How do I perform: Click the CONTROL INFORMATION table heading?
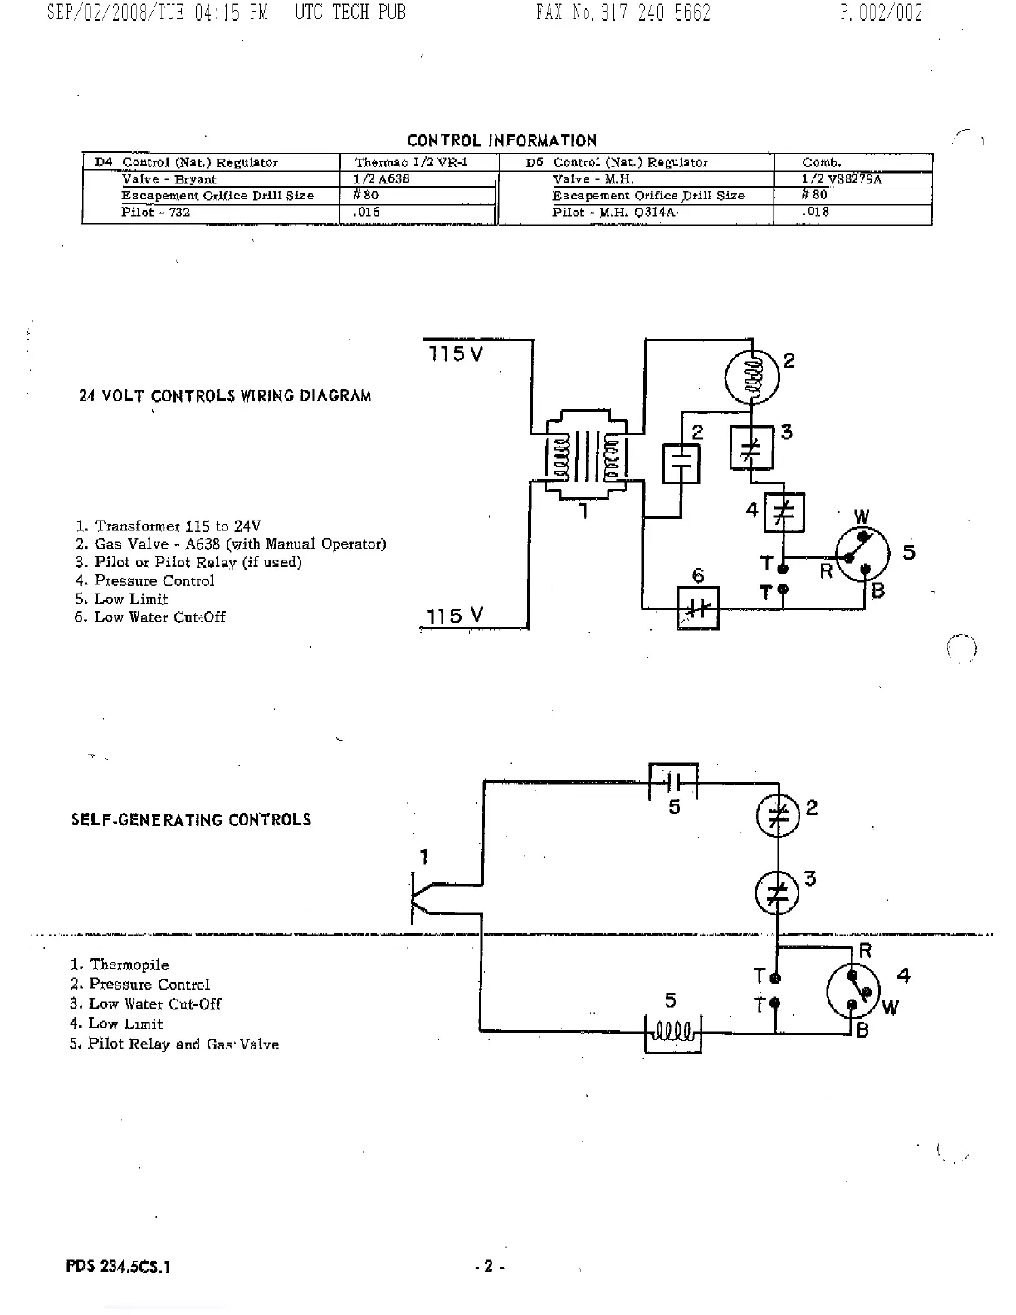pos(501,141)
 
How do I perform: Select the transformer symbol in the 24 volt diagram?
pos(585,456)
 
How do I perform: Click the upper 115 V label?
pos(455,354)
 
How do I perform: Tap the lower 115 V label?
pos(454,616)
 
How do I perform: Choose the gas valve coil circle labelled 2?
pos(752,376)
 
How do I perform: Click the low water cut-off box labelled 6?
pos(698,607)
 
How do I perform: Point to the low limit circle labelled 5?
pos(862,555)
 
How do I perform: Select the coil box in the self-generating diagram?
pos(673,1034)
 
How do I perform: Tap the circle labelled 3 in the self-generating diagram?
pos(776,893)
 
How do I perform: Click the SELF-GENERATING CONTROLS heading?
pos(191,820)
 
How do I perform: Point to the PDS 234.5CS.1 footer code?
pos(118,1267)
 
